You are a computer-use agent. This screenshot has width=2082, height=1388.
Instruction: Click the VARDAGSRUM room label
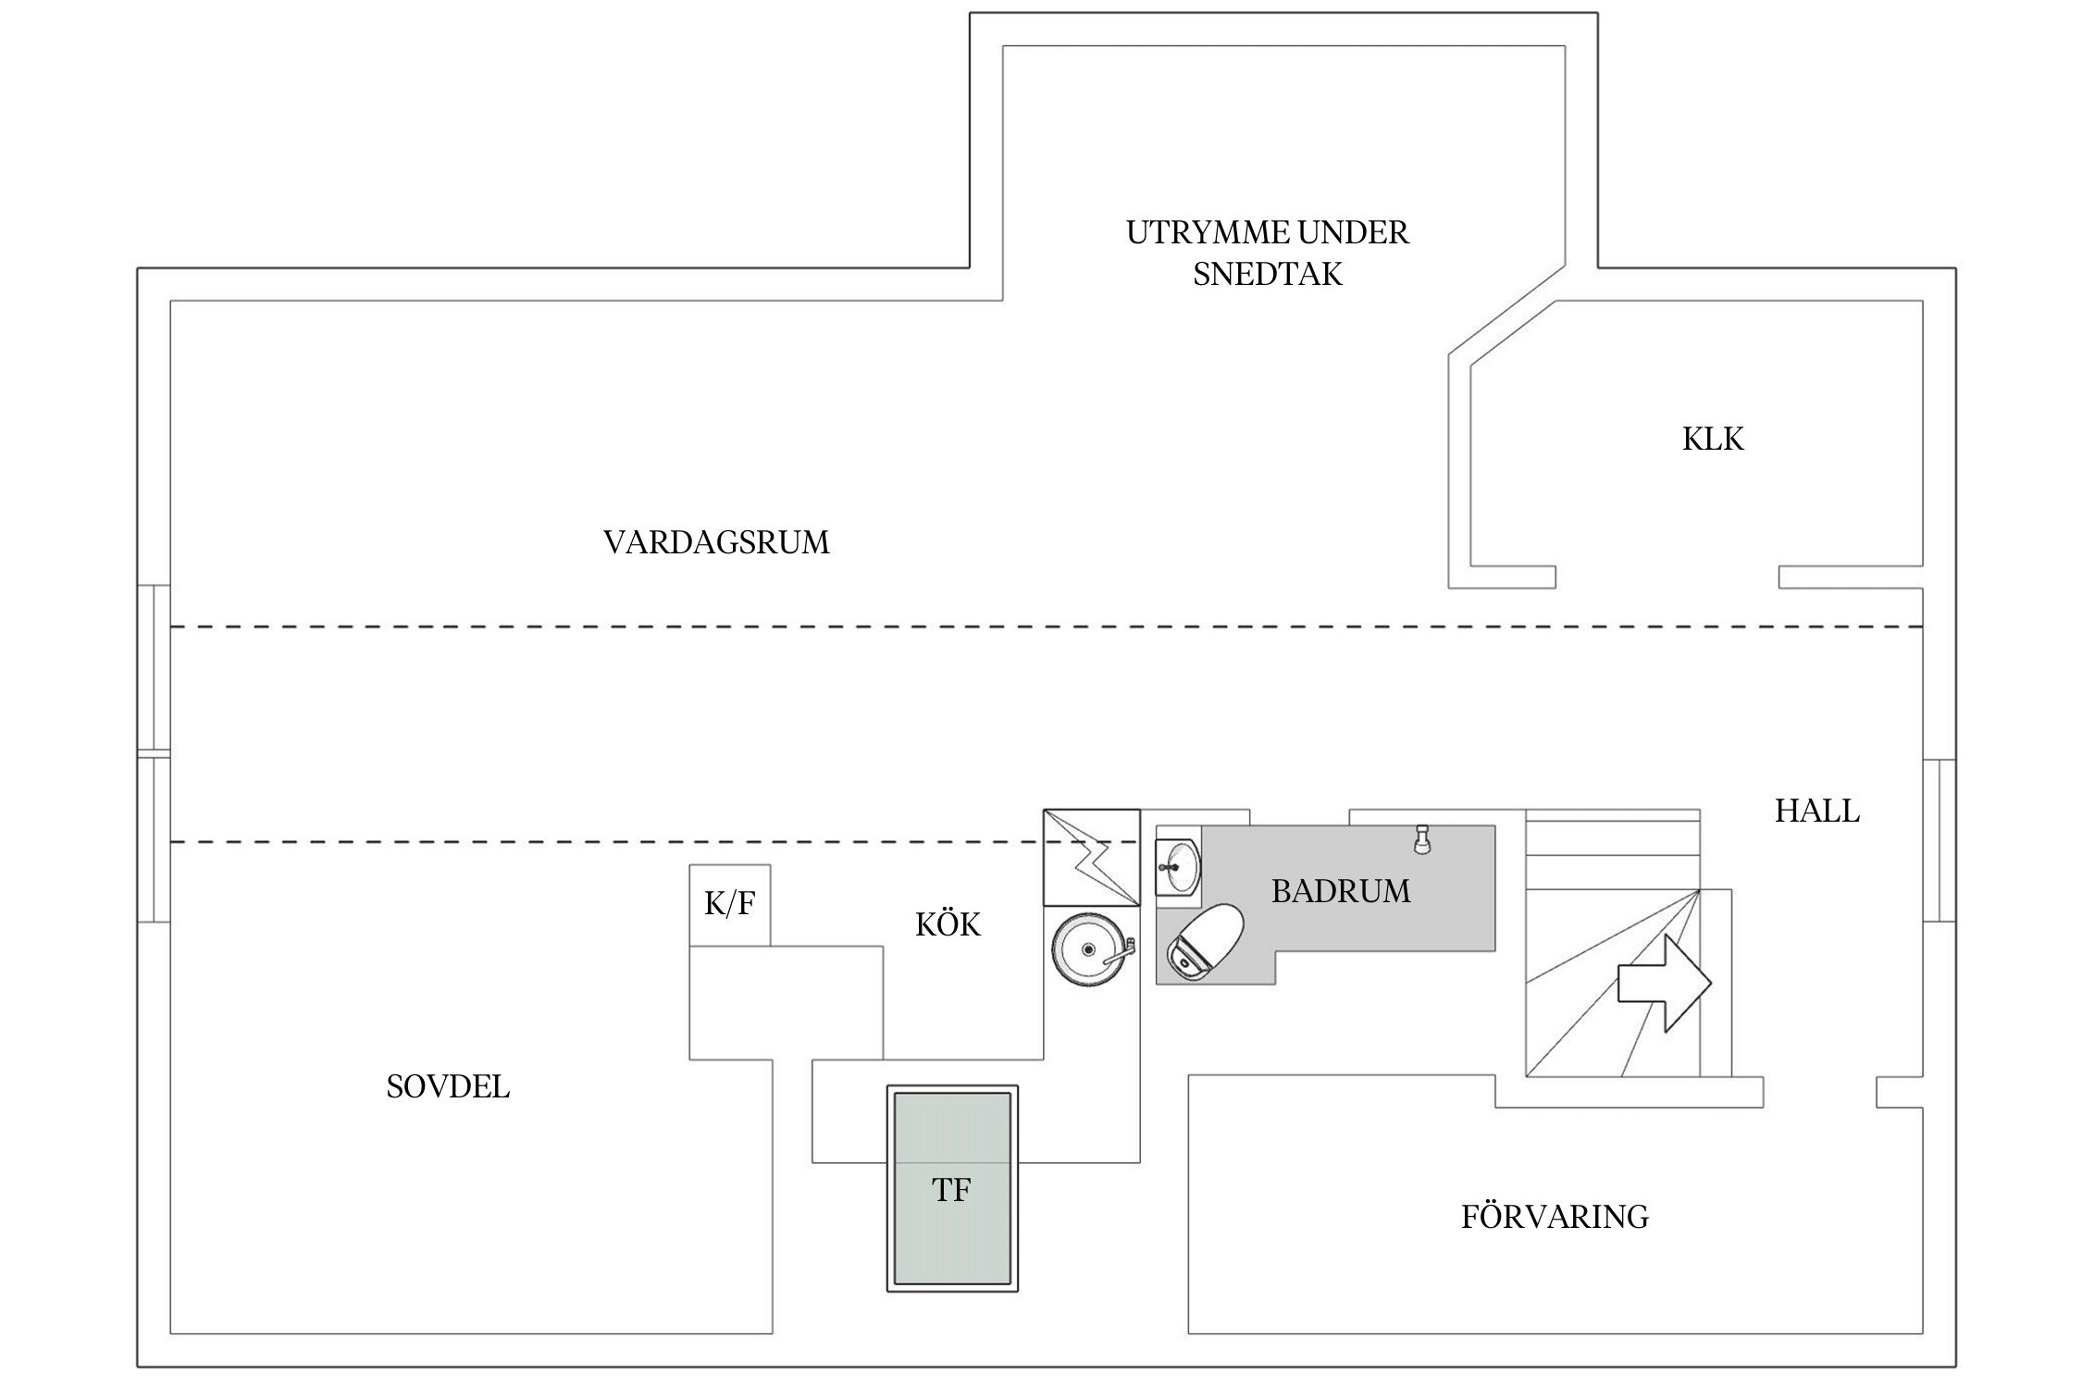pyautogui.click(x=716, y=542)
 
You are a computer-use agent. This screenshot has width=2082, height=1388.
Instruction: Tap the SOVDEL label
pyautogui.click(x=448, y=1086)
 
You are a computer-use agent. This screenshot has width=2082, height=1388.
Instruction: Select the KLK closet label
pyautogui.click(x=1712, y=439)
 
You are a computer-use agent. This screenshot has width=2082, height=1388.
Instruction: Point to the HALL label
pyautogui.click(x=1816, y=812)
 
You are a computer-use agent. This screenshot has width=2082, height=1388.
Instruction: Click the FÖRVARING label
pyautogui.click(x=1555, y=1217)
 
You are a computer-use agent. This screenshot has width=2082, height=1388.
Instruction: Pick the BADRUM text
pyautogui.click(x=1341, y=892)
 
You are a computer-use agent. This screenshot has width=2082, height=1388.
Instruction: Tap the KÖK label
pyautogui.click(x=948, y=925)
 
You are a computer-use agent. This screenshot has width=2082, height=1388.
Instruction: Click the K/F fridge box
pyautogui.click(x=730, y=905)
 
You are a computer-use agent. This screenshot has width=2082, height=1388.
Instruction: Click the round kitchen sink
pyautogui.click(x=1089, y=950)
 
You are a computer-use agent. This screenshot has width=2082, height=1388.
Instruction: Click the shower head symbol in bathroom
pyautogui.click(x=1422, y=838)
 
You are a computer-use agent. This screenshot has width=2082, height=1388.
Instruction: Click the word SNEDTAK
pyautogui.click(x=1267, y=275)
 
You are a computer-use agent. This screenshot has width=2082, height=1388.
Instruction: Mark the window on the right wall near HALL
pyautogui.click(x=1939, y=840)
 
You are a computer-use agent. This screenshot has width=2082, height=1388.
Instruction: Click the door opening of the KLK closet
pyautogui.click(x=1667, y=577)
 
